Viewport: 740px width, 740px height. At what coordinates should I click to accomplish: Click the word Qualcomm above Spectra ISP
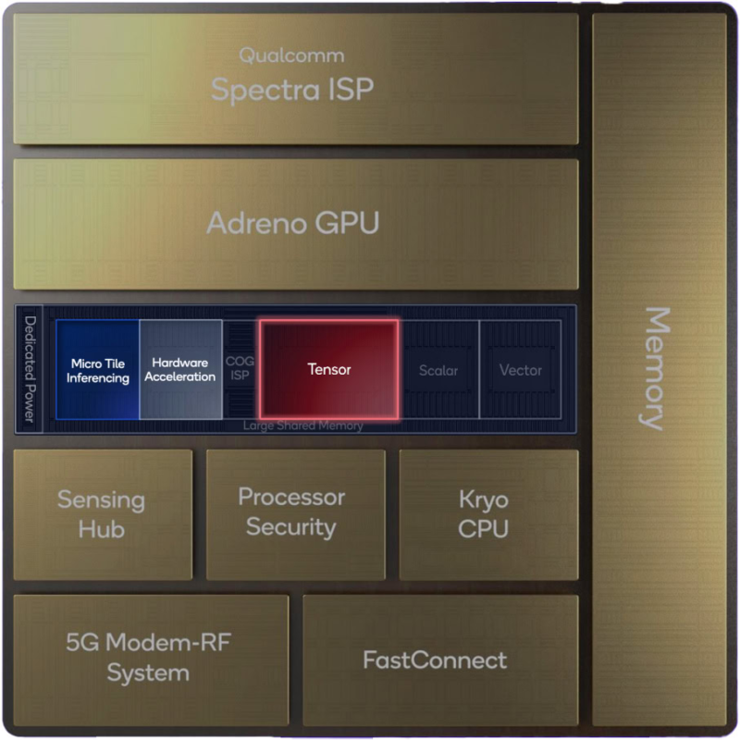click(x=291, y=55)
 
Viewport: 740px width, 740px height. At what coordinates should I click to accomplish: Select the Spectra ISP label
click(x=292, y=90)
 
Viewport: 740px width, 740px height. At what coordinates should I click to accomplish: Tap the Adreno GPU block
click(x=293, y=223)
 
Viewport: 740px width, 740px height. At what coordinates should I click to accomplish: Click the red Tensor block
click(x=329, y=369)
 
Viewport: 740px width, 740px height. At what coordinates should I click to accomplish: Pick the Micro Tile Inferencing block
click(x=97, y=370)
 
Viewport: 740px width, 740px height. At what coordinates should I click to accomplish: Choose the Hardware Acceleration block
click(x=180, y=370)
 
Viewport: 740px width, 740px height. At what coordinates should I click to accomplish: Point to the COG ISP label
click(x=240, y=370)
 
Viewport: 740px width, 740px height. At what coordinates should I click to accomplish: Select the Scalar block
click(x=438, y=370)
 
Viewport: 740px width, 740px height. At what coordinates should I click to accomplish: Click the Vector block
click(x=520, y=370)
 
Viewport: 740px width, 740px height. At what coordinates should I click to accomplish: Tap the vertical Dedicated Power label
click(x=30, y=370)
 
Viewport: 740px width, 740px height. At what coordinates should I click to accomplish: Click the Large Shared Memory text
click(x=302, y=425)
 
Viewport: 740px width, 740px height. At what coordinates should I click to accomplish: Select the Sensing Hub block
click(x=102, y=514)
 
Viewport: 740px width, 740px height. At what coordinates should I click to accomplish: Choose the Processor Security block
click(x=293, y=512)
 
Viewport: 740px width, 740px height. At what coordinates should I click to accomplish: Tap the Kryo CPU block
click(x=484, y=514)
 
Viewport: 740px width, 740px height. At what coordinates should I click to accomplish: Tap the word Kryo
click(x=484, y=499)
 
